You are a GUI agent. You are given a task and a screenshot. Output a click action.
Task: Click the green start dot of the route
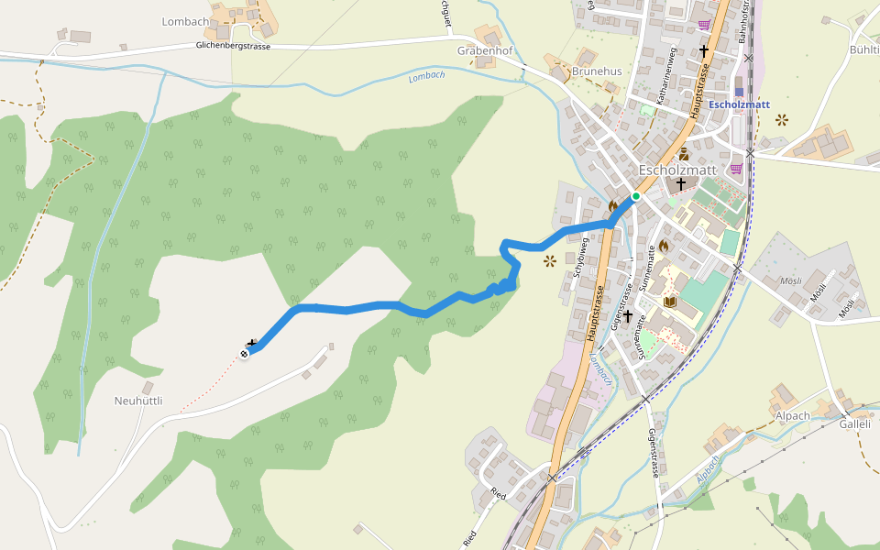coord(635,196)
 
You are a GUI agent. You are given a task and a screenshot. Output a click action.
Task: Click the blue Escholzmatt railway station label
coord(739,104)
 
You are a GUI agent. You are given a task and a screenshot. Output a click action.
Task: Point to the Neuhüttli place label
coord(138,401)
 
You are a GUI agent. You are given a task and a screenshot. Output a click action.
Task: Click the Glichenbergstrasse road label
coord(233,46)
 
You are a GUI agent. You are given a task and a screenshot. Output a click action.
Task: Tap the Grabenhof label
coord(485,51)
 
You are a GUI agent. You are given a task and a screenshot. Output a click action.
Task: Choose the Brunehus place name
coord(597,71)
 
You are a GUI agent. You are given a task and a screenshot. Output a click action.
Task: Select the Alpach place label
coord(791,415)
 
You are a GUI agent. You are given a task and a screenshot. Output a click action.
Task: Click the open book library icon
coord(669,302)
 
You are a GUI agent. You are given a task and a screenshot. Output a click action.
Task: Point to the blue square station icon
coord(739,92)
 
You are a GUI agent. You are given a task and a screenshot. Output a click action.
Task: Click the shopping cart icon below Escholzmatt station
coord(736,169)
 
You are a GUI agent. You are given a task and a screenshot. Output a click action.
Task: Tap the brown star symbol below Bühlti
coord(782,119)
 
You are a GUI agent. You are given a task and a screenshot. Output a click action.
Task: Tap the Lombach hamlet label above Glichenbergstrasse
coord(186,21)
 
